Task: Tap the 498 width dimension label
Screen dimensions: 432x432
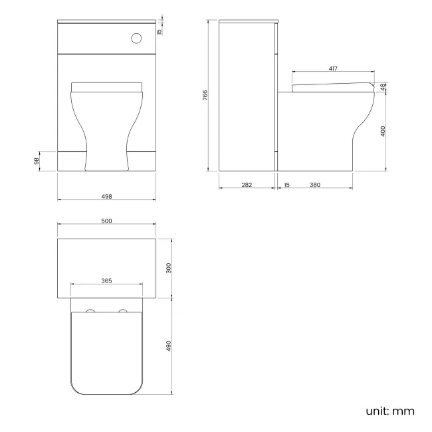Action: (106, 196)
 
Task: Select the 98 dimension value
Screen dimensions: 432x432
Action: (38, 160)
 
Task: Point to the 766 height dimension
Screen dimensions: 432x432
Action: (207, 95)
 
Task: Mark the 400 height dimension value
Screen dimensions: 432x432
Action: (383, 131)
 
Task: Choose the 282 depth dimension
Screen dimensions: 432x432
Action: (246, 185)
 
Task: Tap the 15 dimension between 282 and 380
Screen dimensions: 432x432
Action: (286, 185)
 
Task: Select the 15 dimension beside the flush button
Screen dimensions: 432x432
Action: (160, 31)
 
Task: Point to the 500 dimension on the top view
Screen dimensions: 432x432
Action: (106, 221)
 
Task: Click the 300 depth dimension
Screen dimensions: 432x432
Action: (169, 268)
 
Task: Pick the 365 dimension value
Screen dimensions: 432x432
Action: (106, 280)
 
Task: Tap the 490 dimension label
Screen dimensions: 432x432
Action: (169, 346)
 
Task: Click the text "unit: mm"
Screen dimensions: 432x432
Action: (389, 411)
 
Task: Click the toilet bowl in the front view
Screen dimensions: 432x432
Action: (106, 126)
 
